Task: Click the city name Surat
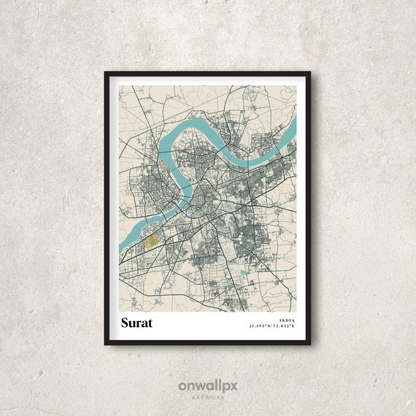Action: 136,323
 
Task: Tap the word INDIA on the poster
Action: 287,320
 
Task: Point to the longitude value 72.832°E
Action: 284,326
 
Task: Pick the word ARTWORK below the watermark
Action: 207,396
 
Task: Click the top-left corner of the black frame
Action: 106,72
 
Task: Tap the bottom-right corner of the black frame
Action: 310,344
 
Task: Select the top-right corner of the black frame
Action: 310,72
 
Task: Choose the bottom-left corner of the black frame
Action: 106,344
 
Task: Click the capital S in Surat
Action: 124,323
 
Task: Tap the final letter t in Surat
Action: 150,323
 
